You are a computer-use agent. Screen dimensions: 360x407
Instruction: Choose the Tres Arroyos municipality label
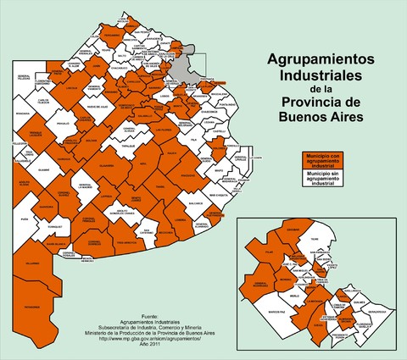pos(125,242)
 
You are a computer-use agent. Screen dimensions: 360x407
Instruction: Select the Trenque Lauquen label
pos(30,135)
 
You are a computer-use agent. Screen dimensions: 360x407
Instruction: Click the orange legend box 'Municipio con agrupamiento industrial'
pos(320,160)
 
